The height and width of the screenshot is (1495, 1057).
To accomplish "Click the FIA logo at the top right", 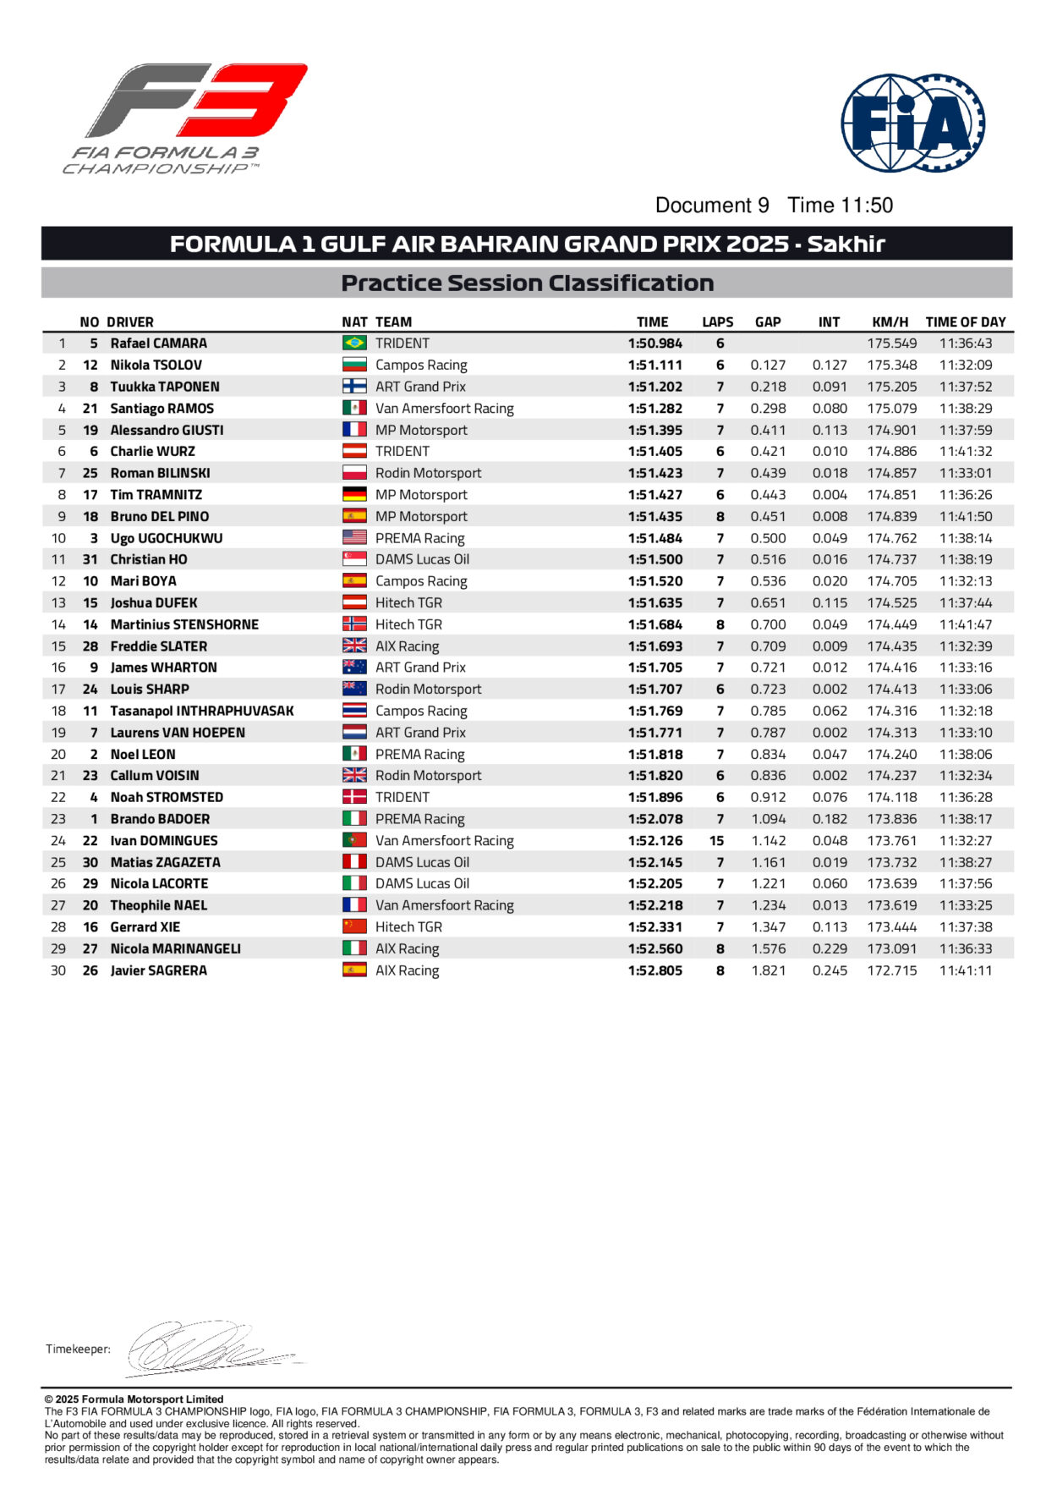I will [x=912, y=124].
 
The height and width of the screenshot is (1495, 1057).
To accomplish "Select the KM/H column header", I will [x=890, y=322].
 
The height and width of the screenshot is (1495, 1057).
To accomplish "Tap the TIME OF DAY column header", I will [x=966, y=322].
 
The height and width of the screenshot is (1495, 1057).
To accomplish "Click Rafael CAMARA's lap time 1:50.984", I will [x=654, y=344].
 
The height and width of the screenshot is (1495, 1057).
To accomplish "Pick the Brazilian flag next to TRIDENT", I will [x=354, y=343].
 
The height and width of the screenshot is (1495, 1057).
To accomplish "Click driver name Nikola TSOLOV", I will [x=156, y=366].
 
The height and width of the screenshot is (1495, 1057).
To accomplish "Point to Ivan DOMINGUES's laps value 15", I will [x=717, y=841].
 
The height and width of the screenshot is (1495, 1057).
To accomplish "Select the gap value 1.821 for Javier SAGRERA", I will [x=768, y=970].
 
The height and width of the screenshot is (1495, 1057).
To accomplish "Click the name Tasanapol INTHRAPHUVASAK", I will [x=202, y=711].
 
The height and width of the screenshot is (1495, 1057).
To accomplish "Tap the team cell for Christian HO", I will [x=422, y=559].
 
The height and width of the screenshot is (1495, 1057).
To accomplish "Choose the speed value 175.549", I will [x=891, y=344].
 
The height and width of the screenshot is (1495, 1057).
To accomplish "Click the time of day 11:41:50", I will [x=966, y=516].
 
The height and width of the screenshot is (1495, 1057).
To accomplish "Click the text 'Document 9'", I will [x=712, y=206].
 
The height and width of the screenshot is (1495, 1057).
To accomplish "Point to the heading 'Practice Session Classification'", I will [x=527, y=283].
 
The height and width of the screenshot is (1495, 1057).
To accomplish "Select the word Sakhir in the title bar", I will [x=846, y=245].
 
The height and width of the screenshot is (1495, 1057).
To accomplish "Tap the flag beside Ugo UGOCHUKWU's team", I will [x=354, y=537].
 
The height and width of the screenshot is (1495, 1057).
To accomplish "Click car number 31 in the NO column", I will [x=90, y=559].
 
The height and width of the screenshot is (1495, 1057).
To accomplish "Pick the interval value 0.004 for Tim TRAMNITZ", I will [x=829, y=495].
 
